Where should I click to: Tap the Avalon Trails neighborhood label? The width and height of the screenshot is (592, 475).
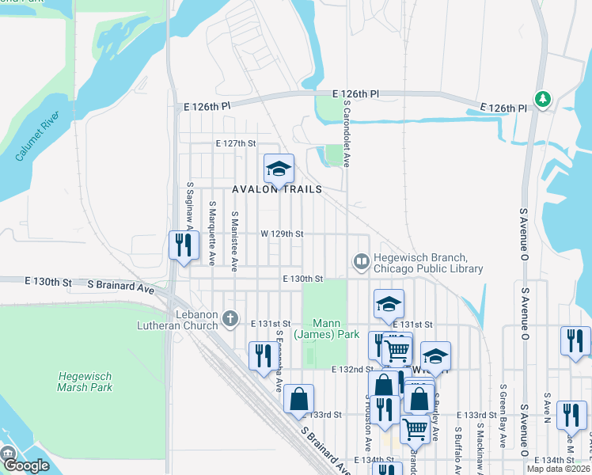tap(277, 190)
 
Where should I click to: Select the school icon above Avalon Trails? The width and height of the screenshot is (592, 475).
tap(279, 169)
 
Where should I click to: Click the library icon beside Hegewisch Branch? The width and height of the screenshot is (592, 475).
tap(361, 260)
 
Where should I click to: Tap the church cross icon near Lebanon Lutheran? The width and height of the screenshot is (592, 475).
tap(230, 319)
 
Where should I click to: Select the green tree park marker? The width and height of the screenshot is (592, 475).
tap(542, 99)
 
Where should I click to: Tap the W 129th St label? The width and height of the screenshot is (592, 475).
tap(282, 234)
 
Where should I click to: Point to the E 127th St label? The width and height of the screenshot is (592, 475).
tap(237, 144)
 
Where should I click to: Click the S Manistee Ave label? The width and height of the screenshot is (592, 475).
tap(235, 241)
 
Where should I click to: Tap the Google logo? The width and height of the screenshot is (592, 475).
tap(25, 465)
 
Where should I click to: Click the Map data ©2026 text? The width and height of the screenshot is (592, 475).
tap(558, 469)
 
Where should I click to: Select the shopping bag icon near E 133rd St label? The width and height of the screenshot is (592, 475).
tap(298, 400)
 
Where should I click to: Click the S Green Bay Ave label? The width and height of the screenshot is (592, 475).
tap(503, 416)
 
